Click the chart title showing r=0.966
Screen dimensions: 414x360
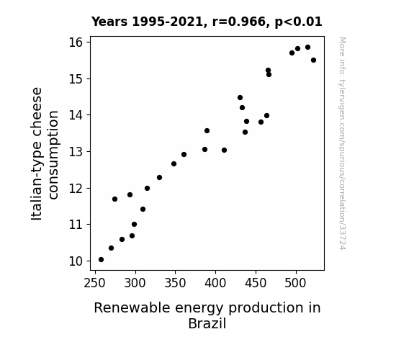[207, 22]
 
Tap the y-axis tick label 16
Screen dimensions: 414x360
[76, 42]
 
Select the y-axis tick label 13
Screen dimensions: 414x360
[76, 152]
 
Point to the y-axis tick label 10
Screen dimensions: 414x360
[76, 261]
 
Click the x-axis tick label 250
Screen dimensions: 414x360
[95, 283]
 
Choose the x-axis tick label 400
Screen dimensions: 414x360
[215, 283]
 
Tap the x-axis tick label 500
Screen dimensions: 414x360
[296, 283]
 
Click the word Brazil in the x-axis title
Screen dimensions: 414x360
[207, 323]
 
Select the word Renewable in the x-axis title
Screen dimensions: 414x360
[132, 308]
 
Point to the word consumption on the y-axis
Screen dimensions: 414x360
[53, 155]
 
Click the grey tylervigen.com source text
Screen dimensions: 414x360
[342, 143]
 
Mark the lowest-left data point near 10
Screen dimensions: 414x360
[101, 260]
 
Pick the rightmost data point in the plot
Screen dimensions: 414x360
[313, 60]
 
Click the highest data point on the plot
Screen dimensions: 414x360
[307, 48]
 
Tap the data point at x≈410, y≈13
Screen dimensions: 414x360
[224, 150]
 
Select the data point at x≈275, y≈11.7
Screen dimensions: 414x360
[114, 199]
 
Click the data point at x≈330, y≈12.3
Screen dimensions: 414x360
[159, 178]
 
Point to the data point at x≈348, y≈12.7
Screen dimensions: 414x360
[174, 163]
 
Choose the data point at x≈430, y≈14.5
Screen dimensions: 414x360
[240, 98]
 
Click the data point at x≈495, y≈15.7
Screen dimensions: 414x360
[292, 53]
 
